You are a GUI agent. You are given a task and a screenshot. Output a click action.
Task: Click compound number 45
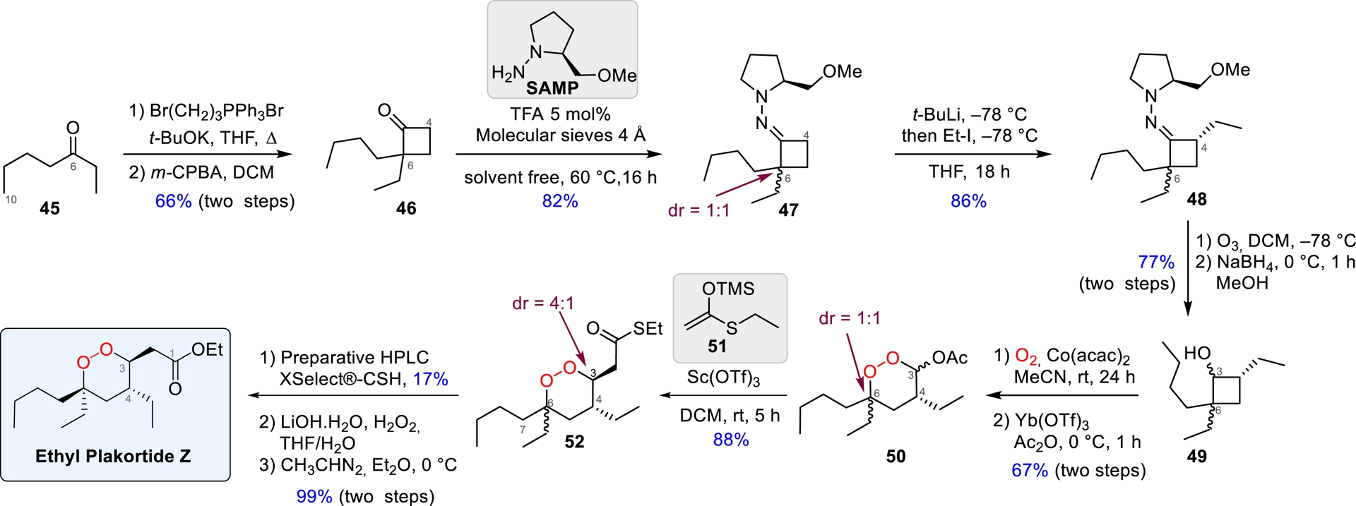(x=49, y=208)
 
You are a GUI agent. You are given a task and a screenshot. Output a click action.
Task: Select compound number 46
(x=406, y=208)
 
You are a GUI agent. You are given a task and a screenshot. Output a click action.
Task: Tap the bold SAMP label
(x=552, y=88)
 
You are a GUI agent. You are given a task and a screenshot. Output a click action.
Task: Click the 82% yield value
(x=560, y=201)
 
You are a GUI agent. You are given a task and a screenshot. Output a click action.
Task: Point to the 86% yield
(x=968, y=201)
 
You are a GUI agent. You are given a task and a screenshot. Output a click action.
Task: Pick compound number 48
(x=1196, y=199)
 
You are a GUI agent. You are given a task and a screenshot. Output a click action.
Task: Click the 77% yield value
(x=1156, y=262)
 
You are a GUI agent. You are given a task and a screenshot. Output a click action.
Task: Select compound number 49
(x=1196, y=456)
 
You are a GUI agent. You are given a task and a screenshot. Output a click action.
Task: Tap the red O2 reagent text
(x=1026, y=356)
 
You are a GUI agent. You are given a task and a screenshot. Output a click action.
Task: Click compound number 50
(x=896, y=456)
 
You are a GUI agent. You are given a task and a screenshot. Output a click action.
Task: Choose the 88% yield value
(x=731, y=440)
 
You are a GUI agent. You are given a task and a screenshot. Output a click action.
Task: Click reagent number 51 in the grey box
(x=717, y=346)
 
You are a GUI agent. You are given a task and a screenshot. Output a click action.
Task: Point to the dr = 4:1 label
(x=543, y=303)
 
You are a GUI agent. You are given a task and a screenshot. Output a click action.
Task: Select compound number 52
(x=574, y=442)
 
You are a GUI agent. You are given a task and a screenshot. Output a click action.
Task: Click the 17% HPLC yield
(x=431, y=379)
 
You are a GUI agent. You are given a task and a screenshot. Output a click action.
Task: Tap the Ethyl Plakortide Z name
(x=113, y=456)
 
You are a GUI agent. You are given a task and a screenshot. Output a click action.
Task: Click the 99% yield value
(x=314, y=496)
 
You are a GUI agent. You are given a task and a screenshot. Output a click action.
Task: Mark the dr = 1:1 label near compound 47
(x=699, y=210)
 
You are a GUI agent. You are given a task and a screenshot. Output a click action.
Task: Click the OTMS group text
(x=728, y=289)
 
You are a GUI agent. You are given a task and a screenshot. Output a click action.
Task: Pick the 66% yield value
(x=174, y=201)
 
